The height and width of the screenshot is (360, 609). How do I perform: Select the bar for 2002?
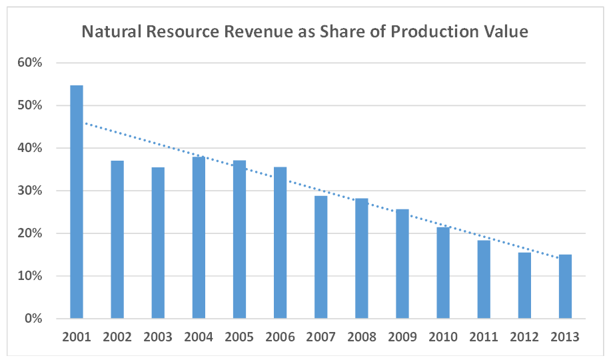117,239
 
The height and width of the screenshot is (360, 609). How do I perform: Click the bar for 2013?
565,286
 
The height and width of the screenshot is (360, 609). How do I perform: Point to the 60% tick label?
30,63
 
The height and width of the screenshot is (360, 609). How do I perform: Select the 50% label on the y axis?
30,106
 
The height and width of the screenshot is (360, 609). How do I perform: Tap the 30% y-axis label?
30,191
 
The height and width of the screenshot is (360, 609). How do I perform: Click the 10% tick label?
30,277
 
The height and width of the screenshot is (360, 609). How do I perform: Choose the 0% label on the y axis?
33,319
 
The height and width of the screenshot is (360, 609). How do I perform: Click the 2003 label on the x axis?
158,337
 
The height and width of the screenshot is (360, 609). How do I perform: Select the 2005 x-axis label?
239,337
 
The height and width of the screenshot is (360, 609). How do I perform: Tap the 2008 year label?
361,337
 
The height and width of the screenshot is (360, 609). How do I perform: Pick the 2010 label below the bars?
442,337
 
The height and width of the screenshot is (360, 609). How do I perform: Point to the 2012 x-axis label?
524,337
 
